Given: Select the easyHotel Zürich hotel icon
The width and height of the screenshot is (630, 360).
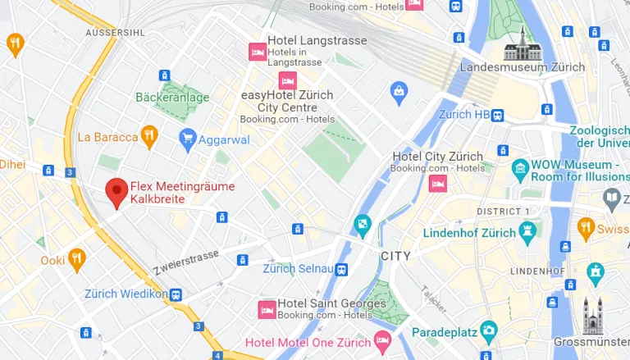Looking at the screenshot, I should coord(287,80).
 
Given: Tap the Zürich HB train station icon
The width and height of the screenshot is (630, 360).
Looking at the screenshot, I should coord(498,115).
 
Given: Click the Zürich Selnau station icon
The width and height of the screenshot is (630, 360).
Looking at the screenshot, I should coord(340,269).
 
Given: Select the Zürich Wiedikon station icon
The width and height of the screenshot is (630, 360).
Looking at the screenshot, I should coord(176,294).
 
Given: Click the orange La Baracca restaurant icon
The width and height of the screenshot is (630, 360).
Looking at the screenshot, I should coord(148,136).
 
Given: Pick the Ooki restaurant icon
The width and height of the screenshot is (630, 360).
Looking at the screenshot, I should coord(76,259).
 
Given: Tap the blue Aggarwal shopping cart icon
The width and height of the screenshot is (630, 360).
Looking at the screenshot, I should coord(188,139).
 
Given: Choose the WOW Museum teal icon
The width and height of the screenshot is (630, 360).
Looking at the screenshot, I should coord(519,170).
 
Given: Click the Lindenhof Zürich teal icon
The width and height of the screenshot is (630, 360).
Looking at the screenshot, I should coord(527,232).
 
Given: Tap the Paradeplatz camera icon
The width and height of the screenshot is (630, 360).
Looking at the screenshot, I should coord(489,332).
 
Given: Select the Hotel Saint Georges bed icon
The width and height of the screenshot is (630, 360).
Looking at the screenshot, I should coord(267,309).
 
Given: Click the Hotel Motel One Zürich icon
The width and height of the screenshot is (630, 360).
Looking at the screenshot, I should coord(382,339).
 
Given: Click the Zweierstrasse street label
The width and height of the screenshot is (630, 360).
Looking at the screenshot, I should coord(185,262).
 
